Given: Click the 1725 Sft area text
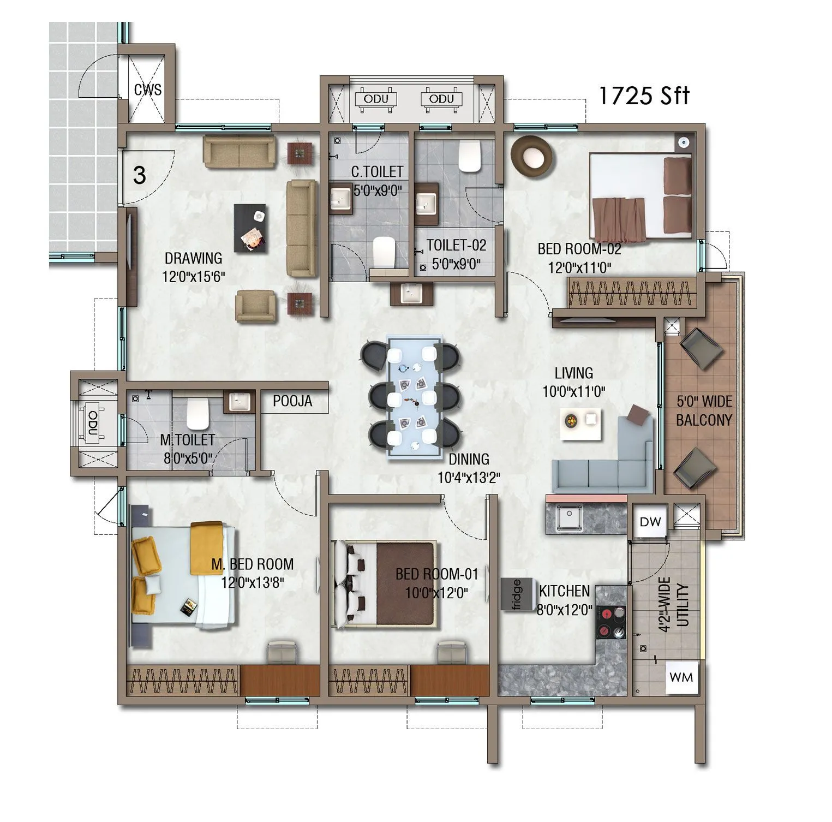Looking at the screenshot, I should click(x=644, y=96).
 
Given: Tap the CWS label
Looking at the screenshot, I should click(x=148, y=90).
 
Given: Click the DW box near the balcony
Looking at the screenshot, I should click(x=650, y=522).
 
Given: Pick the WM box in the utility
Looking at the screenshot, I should click(x=681, y=677).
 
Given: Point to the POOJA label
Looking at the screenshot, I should click(x=292, y=401).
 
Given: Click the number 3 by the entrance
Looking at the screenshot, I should click(x=140, y=176).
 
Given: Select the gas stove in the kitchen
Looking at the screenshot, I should click(x=612, y=622).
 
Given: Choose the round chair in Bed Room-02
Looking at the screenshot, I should click(x=531, y=157).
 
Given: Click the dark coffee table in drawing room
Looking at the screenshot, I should click(x=251, y=228).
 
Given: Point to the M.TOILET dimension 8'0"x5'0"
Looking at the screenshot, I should click(x=188, y=458).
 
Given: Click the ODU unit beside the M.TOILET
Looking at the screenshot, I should click(x=93, y=423).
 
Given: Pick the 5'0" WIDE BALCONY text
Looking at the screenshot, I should click(x=704, y=410).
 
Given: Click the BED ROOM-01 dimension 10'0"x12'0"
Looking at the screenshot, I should click(x=436, y=593).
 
